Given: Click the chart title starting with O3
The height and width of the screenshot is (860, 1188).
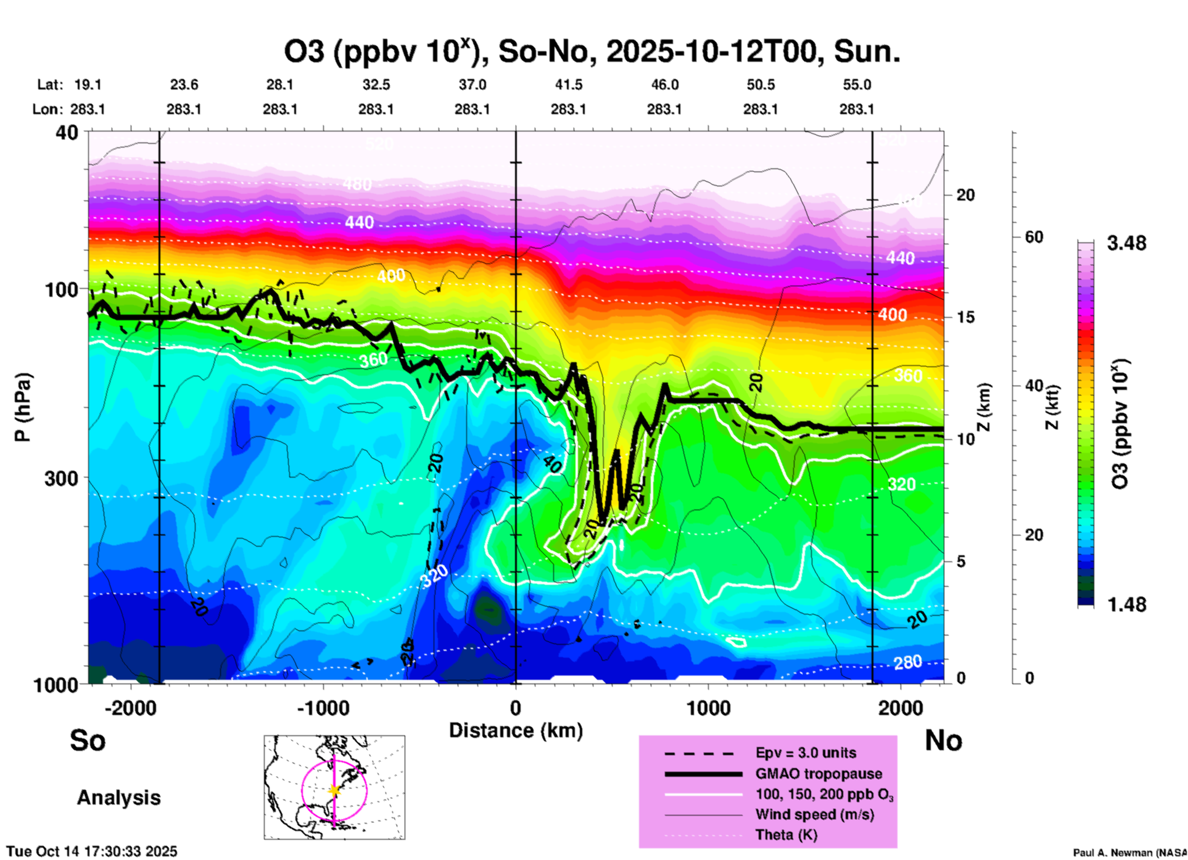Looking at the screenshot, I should (x=592, y=52).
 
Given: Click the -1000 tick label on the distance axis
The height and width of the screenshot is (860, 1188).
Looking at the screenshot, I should (x=323, y=708).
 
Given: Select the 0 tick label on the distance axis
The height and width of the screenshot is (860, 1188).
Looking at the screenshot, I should (x=516, y=708).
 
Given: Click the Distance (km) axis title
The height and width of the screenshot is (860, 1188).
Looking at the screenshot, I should (x=516, y=730).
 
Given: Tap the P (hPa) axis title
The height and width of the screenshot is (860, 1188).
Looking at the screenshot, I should (x=22, y=407).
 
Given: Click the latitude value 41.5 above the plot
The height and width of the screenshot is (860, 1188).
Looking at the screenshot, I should (x=568, y=85).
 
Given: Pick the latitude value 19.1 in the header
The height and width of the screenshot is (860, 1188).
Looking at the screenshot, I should (x=88, y=85).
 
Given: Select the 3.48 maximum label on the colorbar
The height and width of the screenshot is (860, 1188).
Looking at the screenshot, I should (x=1126, y=244).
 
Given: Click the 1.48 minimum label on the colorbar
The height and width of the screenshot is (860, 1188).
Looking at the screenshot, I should (x=1126, y=605).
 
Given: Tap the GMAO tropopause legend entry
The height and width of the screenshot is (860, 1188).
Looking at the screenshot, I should (x=819, y=774).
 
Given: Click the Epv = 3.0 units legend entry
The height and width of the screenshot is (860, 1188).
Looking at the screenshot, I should (x=806, y=753).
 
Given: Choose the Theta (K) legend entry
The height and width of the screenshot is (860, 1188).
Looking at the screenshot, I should (x=786, y=835).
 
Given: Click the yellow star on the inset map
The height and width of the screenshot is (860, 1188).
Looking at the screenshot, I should (x=334, y=790).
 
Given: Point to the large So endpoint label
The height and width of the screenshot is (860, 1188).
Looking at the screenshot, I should (x=88, y=740).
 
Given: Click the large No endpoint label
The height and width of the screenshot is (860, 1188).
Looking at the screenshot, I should (x=943, y=740).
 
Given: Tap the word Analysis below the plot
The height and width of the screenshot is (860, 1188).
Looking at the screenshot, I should (x=118, y=798).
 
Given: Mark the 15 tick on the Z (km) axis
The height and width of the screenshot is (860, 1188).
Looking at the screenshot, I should (x=965, y=317).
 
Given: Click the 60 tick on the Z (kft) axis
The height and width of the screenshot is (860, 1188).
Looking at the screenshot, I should (x=1034, y=238).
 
